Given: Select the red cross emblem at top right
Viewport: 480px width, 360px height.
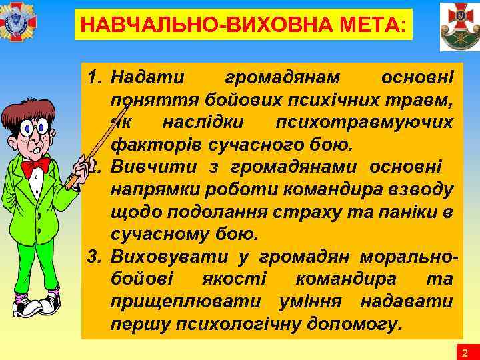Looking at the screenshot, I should tap(459, 26).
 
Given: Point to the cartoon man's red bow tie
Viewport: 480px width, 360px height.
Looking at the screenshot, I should tap(35, 165).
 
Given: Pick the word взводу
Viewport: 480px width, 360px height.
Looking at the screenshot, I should tap(424, 189).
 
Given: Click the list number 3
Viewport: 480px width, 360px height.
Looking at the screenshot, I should tap(95, 256).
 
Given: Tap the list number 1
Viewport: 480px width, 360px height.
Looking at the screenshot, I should tap(95, 79).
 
